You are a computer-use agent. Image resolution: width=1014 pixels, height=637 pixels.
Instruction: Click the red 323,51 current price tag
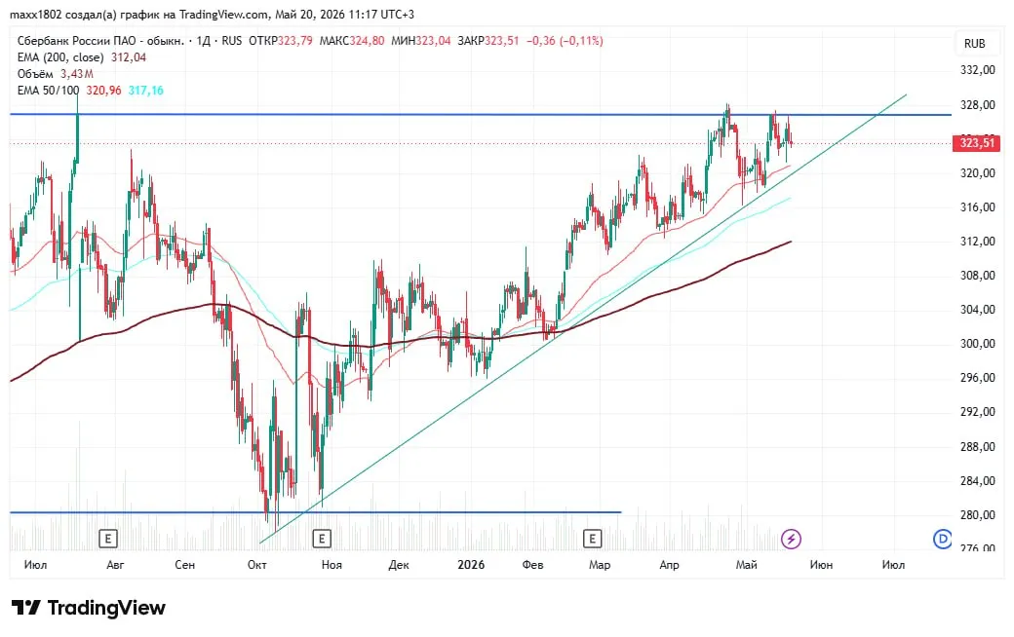[x=977, y=143]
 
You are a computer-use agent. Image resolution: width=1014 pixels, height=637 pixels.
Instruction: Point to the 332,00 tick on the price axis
[x=978, y=70]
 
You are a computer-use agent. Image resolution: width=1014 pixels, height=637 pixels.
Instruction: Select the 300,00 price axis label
[x=978, y=344]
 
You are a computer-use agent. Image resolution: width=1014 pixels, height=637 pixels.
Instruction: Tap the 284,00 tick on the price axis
[x=978, y=480]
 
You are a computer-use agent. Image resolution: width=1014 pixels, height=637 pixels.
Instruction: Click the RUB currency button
[x=975, y=43]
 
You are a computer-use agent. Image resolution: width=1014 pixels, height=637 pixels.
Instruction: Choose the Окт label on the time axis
[x=256, y=565]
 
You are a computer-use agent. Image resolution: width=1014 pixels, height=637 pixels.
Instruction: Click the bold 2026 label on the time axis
[x=471, y=565]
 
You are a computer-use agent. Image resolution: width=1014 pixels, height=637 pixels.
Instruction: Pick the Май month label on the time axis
[x=746, y=565]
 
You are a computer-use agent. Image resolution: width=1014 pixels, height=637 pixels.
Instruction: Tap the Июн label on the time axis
[x=821, y=565]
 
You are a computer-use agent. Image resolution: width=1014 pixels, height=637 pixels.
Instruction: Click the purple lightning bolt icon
[x=791, y=539]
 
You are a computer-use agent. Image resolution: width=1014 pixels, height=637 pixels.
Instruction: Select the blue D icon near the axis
[x=942, y=539]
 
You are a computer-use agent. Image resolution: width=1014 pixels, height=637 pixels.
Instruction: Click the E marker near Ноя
[x=322, y=539]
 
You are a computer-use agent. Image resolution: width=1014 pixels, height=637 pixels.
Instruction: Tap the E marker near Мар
[x=592, y=539]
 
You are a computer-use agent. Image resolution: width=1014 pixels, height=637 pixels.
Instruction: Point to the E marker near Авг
[x=108, y=539]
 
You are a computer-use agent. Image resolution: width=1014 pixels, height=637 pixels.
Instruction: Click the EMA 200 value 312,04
[x=129, y=57]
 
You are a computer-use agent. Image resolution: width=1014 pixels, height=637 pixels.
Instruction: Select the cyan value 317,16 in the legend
[x=145, y=91]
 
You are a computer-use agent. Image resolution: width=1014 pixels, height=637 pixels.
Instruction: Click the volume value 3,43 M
[x=77, y=74]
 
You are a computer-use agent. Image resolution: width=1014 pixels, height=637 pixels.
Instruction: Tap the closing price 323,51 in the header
[x=502, y=41]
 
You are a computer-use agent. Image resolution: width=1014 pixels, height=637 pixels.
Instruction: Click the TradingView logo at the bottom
[x=89, y=608]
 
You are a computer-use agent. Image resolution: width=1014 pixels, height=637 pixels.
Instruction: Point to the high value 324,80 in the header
[x=367, y=41]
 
